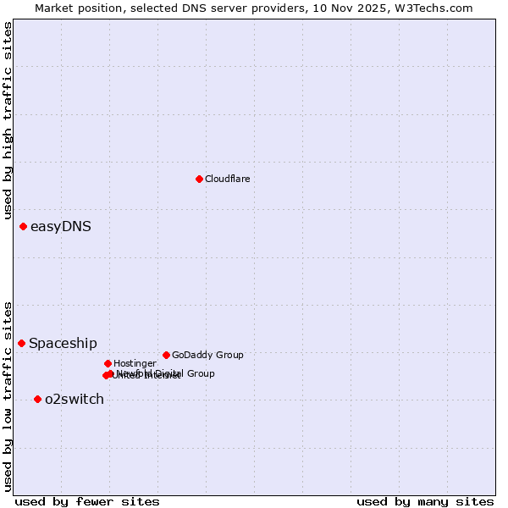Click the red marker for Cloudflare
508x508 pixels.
click(x=199, y=179)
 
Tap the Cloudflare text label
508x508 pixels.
click(x=227, y=179)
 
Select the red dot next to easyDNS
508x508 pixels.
click(x=23, y=226)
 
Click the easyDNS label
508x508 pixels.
click(x=60, y=226)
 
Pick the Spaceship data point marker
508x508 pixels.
click(x=21, y=343)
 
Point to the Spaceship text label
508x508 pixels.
click(x=63, y=343)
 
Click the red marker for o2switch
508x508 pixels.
click(x=37, y=399)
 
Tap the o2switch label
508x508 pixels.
click(x=75, y=399)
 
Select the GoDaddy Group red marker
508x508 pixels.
click(x=166, y=355)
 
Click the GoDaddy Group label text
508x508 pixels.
click(x=207, y=355)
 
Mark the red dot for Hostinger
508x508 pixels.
click(x=108, y=363)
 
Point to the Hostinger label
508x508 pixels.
click(x=135, y=363)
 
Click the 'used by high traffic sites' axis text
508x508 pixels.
click(x=8, y=121)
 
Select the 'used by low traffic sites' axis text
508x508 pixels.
click(x=8, y=395)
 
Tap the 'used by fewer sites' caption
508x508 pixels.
click(x=87, y=501)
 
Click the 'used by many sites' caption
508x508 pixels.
click(x=425, y=501)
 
